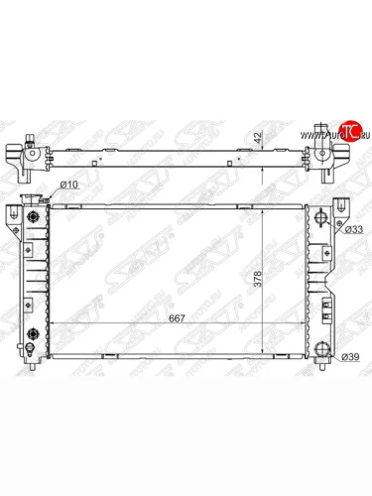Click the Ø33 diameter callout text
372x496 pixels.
coord(348,230)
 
